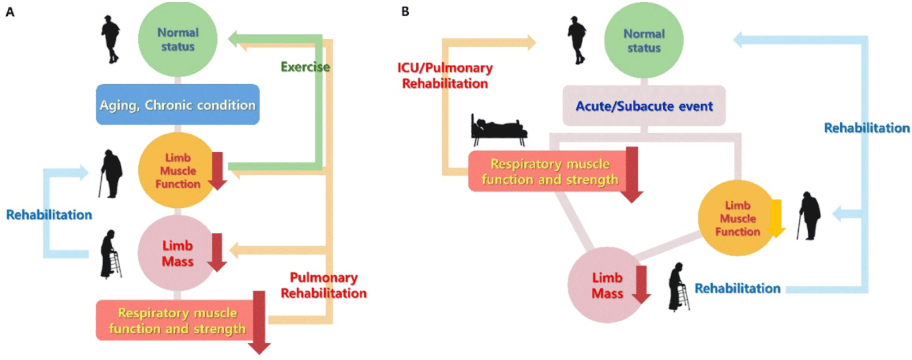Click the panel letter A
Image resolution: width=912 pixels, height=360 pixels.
(10, 12)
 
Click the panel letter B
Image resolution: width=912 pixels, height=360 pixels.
(405, 12)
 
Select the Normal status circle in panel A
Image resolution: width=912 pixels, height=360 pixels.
(178, 39)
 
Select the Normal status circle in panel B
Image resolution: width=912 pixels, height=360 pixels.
(644, 41)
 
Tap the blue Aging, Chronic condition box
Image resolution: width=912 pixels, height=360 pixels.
(178, 105)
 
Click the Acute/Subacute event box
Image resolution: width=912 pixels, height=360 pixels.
(644, 106)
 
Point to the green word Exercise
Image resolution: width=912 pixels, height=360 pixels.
(305, 67)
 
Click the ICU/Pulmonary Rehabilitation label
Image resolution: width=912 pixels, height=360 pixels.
(445, 75)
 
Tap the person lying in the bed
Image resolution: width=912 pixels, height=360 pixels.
(499, 128)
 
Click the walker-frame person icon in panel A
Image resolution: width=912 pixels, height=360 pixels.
(111, 254)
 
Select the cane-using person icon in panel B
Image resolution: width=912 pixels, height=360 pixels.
(809, 216)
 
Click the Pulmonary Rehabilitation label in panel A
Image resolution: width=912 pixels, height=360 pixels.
(324, 286)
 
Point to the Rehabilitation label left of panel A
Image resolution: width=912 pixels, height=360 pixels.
(49, 215)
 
